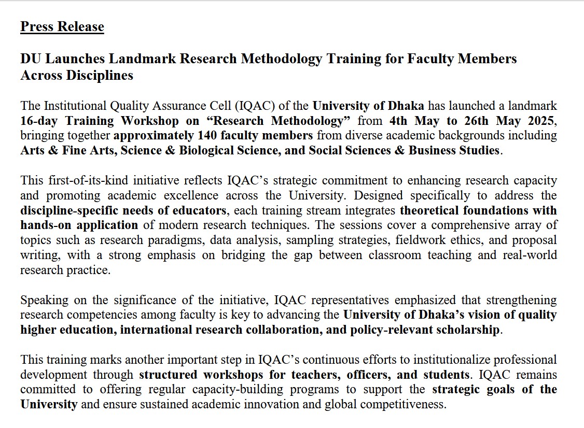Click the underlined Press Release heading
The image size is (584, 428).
62,26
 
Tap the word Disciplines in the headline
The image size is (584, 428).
100,75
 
